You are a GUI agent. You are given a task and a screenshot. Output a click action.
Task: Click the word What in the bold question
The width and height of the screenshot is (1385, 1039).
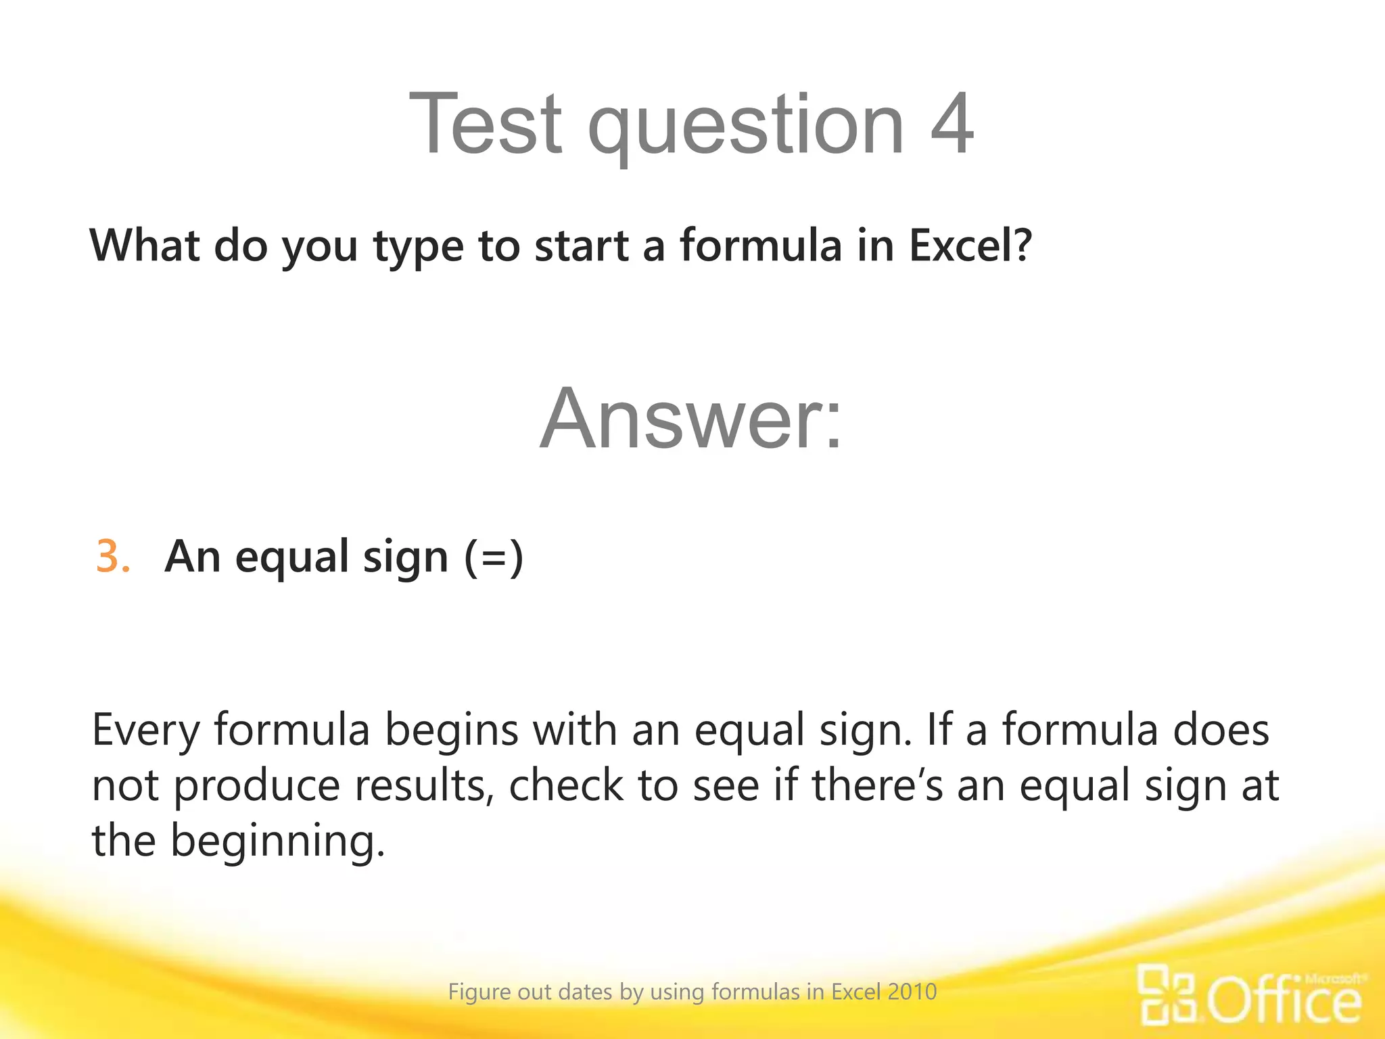[x=144, y=245]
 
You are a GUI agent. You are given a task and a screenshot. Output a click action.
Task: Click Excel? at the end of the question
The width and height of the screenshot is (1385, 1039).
[x=970, y=245]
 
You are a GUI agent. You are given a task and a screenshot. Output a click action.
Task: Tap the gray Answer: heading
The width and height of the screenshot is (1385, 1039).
[x=691, y=419]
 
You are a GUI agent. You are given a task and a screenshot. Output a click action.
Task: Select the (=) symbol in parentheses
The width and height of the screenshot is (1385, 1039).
[x=494, y=557]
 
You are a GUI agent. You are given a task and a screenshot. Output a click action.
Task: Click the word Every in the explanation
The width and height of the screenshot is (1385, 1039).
[x=145, y=731]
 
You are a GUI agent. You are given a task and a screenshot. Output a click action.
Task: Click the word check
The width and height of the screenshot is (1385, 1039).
[x=566, y=786]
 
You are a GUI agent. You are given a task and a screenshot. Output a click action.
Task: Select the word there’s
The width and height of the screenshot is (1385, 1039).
[x=877, y=786]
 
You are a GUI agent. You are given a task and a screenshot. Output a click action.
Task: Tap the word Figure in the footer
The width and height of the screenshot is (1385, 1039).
[x=479, y=992]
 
